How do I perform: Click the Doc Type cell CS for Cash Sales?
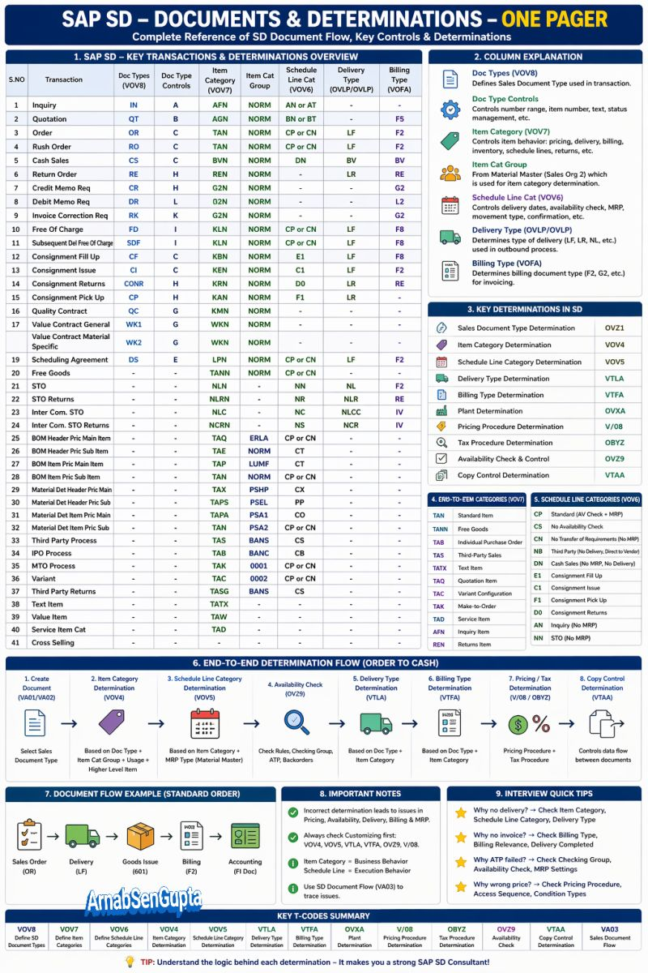pyautogui.click(x=133, y=161)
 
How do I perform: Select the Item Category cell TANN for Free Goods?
pyautogui.click(x=220, y=373)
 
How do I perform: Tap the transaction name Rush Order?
pyautogui.click(x=53, y=147)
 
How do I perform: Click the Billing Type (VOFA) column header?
pyautogui.click(x=399, y=79)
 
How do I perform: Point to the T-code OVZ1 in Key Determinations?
pyautogui.click(x=614, y=328)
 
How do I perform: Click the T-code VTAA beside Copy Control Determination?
pyautogui.click(x=614, y=475)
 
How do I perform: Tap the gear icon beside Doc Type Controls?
pyautogui.click(x=450, y=110)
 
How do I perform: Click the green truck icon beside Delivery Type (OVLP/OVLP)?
pyautogui.click(x=450, y=238)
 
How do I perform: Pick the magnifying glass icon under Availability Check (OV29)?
pyautogui.click(x=296, y=721)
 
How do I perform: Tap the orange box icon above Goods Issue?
pyautogui.click(x=140, y=835)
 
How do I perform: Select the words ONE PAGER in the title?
pyautogui.click(x=554, y=19)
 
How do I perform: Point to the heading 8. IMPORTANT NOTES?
pyautogui.click(x=360, y=795)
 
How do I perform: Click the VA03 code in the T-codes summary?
pyautogui.click(x=609, y=929)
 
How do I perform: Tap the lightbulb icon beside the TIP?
pyautogui.click(x=129, y=962)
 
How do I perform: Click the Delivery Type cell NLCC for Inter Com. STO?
pyautogui.click(x=351, y=412)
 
